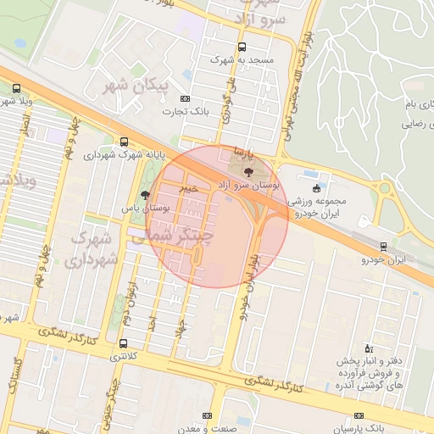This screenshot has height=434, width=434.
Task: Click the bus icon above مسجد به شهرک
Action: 243,47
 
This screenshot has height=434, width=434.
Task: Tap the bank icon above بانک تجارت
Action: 186,99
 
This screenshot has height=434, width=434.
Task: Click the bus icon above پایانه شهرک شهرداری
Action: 125,142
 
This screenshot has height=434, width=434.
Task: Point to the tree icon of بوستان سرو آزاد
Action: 248,172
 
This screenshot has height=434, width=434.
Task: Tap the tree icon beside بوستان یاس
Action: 146,194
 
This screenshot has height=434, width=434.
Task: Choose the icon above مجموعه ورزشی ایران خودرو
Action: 317,188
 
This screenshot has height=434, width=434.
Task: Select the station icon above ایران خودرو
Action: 383,247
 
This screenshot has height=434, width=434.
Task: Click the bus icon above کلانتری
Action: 125,343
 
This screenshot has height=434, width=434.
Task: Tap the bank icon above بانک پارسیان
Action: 359,415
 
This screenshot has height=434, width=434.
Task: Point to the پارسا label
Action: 246,157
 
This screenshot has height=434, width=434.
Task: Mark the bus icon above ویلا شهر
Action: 17,87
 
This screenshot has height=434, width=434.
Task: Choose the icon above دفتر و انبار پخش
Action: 367,348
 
